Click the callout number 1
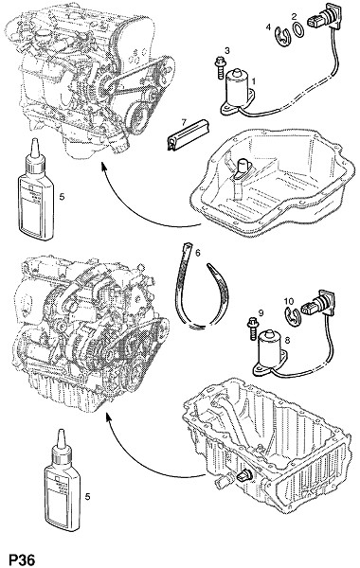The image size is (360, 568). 253,81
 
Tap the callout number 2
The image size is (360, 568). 294,16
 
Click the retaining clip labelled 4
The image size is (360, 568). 282,36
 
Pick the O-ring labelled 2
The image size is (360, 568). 298,29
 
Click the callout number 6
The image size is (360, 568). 197,253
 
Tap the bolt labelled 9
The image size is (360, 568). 252,328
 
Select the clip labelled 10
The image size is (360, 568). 291,316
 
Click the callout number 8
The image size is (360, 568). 287,340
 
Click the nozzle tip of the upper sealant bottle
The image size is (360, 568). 34,140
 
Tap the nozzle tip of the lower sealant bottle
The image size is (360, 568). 61,432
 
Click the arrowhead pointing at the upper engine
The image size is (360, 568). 104,167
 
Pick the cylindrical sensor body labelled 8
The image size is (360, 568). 269,348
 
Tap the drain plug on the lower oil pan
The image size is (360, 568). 243,476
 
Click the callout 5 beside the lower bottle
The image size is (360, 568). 87,497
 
